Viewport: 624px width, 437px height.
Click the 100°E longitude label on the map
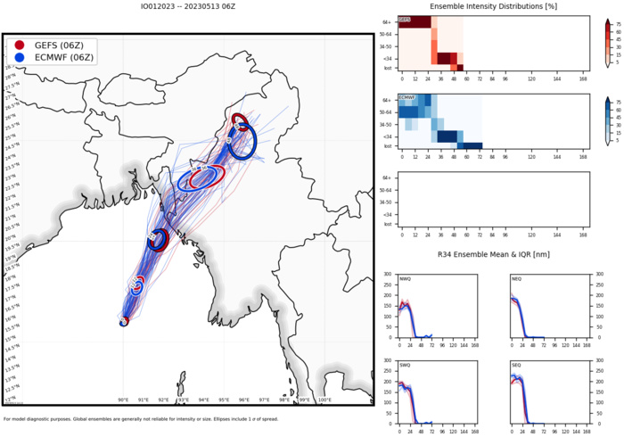point(324,400)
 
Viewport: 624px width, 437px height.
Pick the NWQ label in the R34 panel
point(405,278)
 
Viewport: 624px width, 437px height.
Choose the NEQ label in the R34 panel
point(515,278)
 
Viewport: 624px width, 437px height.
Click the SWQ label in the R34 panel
point(405,365)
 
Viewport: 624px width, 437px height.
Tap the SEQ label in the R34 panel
point(515,365)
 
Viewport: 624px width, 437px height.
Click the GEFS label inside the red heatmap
point(404,20)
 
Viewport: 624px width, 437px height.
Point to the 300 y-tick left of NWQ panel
point(387,275)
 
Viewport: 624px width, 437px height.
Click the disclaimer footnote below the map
point(178,419)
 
